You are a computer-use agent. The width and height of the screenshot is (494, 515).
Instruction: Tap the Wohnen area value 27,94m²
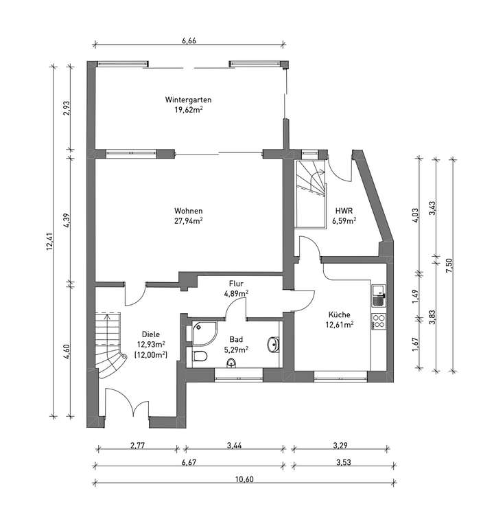(x=188, y=221)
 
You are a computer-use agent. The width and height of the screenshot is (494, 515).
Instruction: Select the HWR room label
(x=344, y=211)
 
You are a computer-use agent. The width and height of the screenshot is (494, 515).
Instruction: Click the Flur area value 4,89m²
(x=236, y=293)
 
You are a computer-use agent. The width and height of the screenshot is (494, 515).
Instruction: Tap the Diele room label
(x=151, y=334)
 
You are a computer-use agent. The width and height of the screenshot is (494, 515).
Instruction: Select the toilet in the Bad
(x=200, y=356)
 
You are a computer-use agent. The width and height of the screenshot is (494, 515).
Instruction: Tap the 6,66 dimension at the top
(x=189, y=41)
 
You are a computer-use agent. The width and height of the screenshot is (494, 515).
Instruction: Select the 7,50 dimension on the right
(x=449, y=264)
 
